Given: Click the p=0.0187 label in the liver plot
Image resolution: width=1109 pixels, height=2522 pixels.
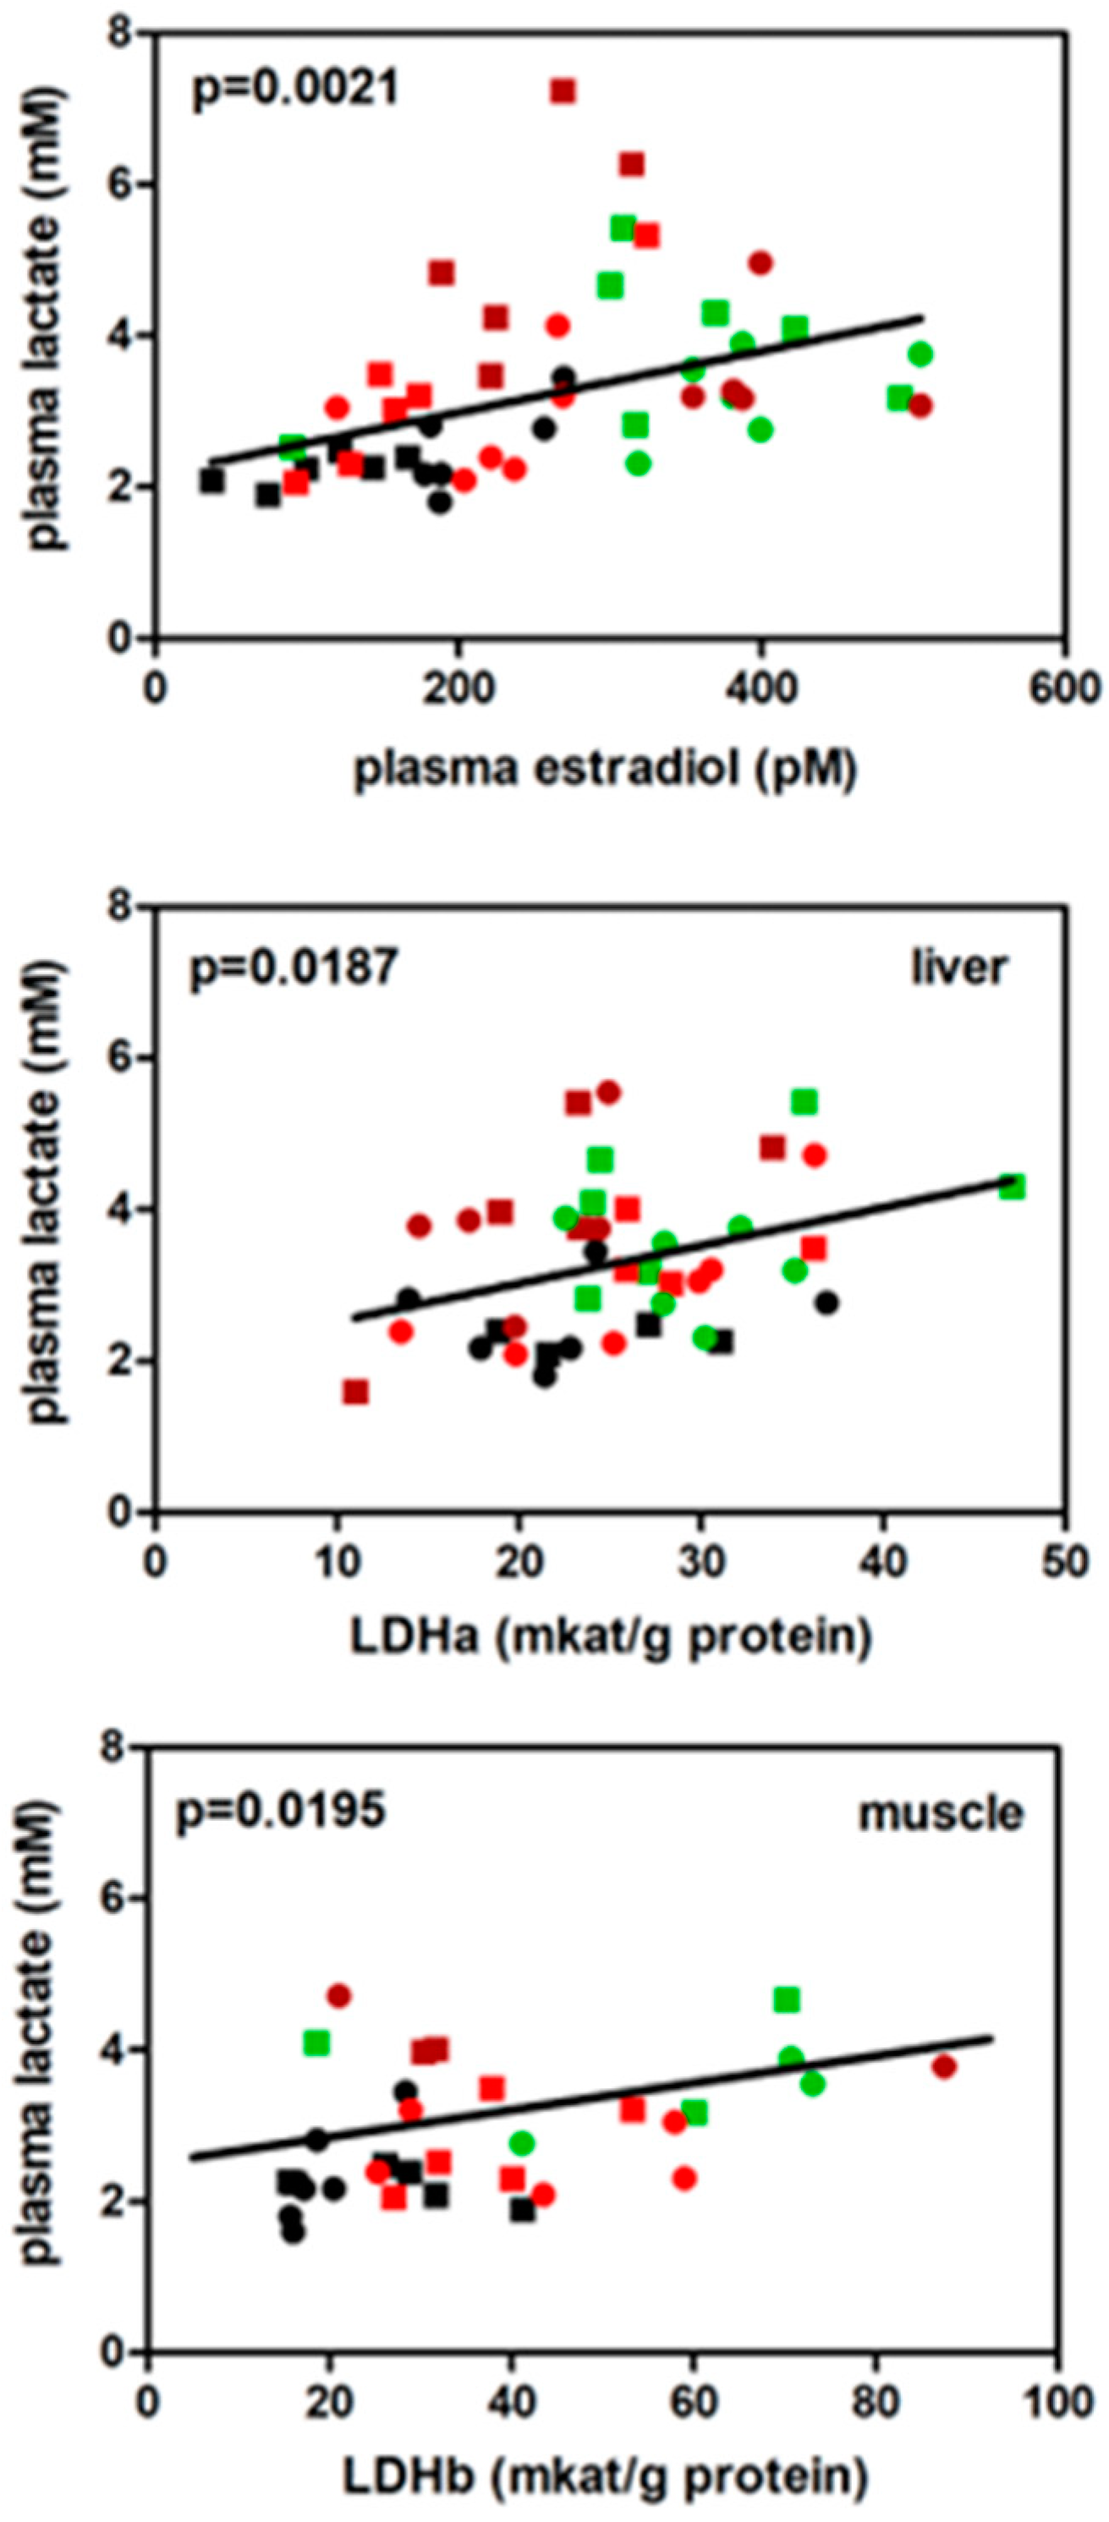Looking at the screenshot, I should (x=294, y=968).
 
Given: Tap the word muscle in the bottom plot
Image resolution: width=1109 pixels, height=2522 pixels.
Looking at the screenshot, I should (x=940, y=1813).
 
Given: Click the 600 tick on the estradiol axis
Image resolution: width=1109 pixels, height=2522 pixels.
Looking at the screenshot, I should (x=1065, y=689).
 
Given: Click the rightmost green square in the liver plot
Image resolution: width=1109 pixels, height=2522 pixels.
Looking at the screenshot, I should (x=1013, y=1187).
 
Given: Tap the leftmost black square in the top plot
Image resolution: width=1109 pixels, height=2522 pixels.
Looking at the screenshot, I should (x=211, y=480).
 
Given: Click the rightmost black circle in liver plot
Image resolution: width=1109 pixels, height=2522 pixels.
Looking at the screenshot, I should (x=827, y=1302).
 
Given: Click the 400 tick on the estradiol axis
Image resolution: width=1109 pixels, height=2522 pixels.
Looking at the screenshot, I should (x=760, y=689).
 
